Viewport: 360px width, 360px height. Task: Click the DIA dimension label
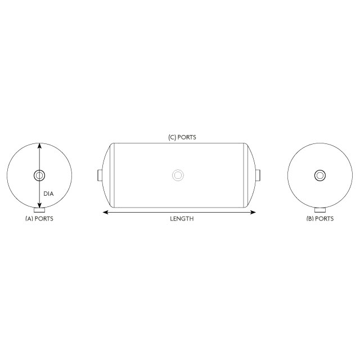pos(48,194)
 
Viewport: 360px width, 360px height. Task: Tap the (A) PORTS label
pos(39,219)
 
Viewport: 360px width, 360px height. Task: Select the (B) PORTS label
pos(319,219)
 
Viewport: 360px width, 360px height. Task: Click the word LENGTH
pos(182,219)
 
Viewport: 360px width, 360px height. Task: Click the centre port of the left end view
pos(39,175)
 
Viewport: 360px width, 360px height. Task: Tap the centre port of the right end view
pos(319,175)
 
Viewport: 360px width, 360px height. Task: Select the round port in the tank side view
pos(178,175)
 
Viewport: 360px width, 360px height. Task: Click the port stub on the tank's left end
pos(100,175)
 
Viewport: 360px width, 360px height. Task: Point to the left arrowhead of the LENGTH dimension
pos(105,213)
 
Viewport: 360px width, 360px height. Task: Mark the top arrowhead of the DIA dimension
pos(39,145)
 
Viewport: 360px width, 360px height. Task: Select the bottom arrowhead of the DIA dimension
pos(39,206)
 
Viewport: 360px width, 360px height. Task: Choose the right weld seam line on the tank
pos(244,175)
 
